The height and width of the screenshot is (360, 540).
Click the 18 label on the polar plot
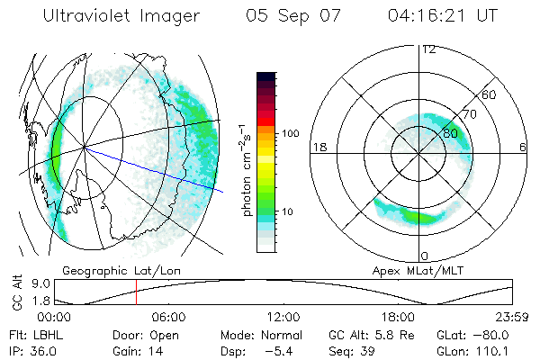click(319, 147)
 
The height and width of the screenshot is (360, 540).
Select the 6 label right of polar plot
click(523, 147)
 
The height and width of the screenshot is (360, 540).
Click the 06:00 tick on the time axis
click(168, 318)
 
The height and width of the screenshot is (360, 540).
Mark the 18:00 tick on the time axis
click(398, 318)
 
